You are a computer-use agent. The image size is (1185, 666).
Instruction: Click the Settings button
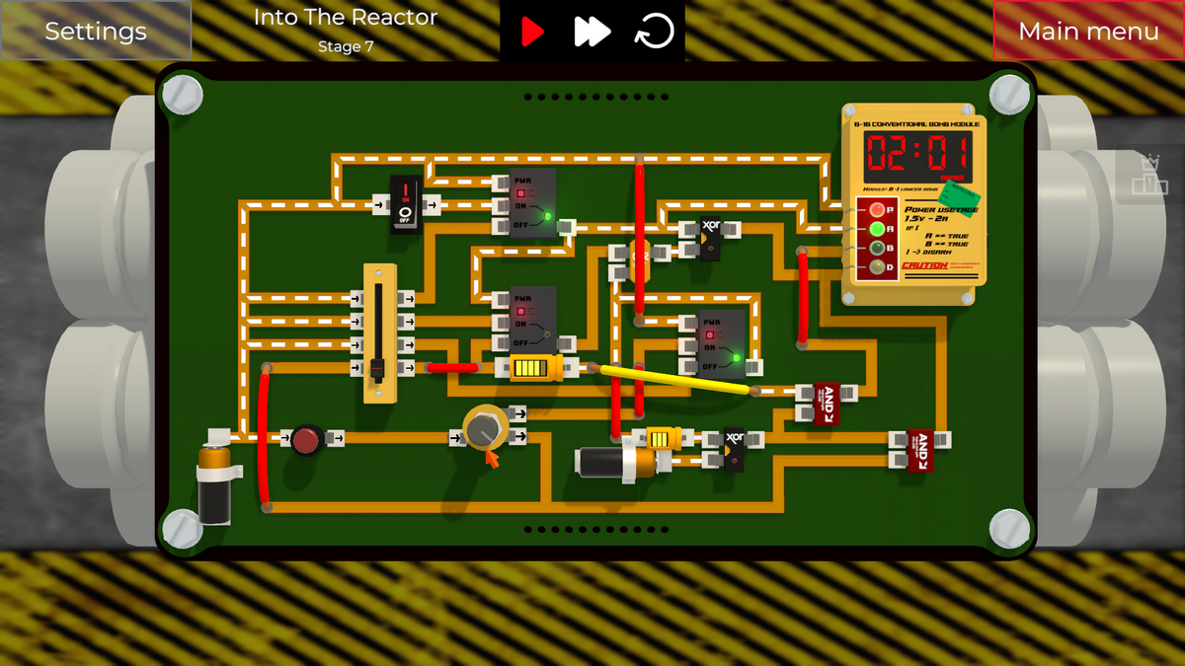pos(95,31)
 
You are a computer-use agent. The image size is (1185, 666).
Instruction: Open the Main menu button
pos(1088,31)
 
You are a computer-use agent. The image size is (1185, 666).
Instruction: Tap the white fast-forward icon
pos(592,32)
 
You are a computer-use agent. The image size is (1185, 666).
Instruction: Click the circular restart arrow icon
pos(654,32)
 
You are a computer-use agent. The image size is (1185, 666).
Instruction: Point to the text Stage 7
pos(346,46)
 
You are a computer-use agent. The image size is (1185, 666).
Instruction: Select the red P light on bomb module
pos(876,210)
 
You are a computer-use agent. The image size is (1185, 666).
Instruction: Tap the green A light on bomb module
pos(876,229)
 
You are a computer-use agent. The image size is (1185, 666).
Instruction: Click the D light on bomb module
pos(876,267)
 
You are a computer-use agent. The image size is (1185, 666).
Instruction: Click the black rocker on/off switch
pos(405,203)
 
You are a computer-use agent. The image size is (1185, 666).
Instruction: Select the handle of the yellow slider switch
pos(376,371)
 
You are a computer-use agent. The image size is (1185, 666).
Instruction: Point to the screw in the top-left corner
pos(183,94)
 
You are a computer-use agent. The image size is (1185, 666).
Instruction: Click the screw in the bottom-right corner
pos(1009,528)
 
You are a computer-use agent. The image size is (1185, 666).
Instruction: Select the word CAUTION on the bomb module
pos(924,265)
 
